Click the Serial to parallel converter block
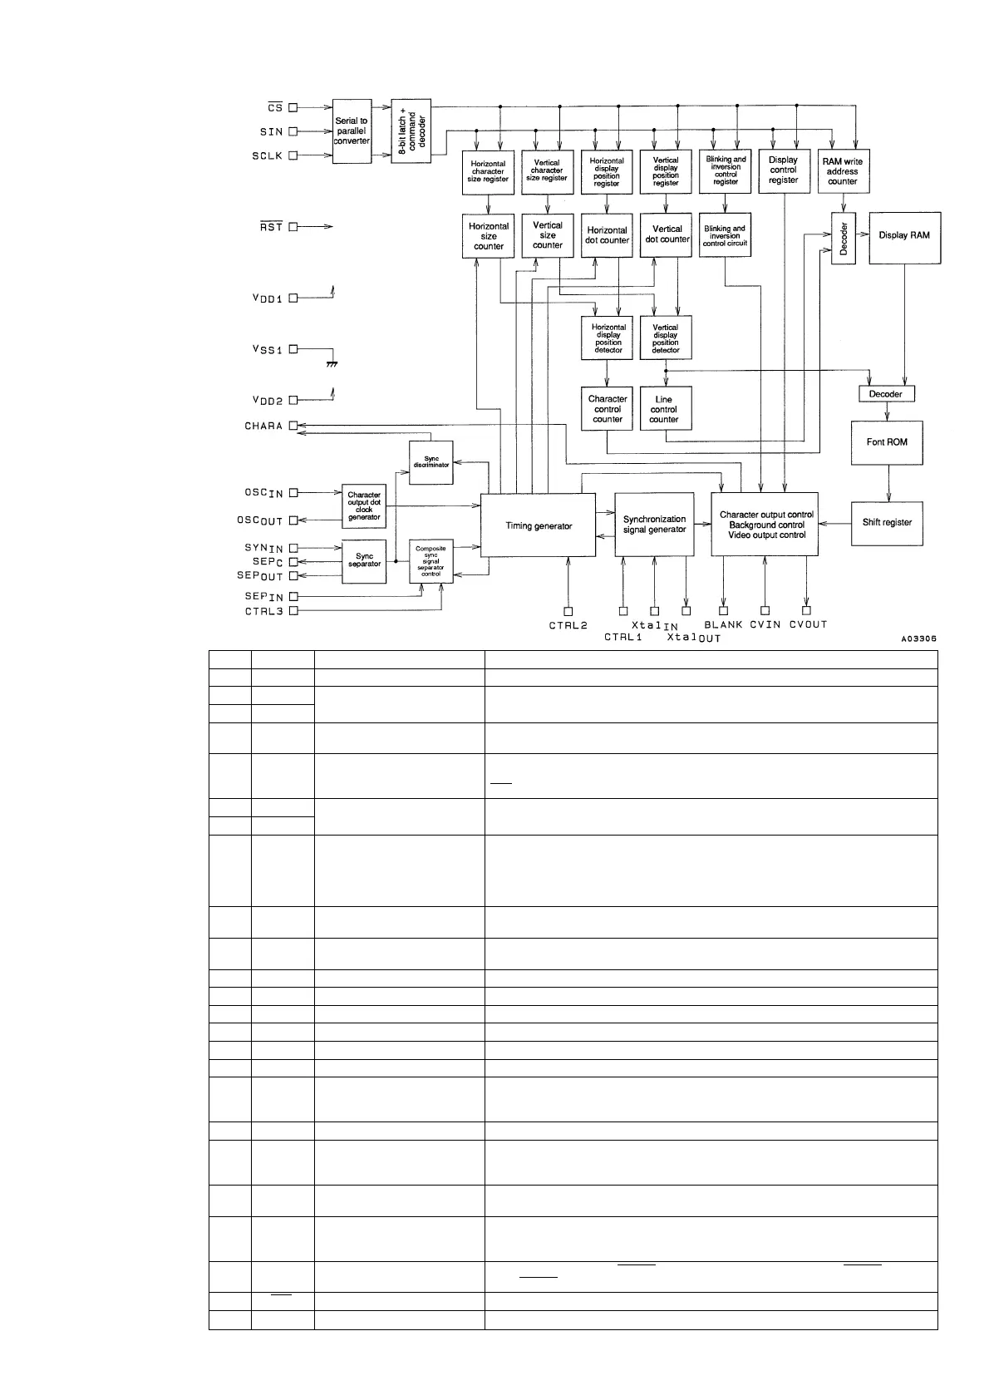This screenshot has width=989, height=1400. click(x=352, y=131)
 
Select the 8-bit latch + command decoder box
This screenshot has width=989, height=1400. click(x=411, y=131)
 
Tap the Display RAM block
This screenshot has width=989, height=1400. click(x=904, y=235)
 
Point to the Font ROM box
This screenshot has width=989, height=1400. click(x=887, y=442)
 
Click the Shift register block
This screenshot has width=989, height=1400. click(x=887, y=523)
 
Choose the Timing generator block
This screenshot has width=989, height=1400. click(x=539, y=525)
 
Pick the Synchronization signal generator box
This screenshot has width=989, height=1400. click(x=655, y=525)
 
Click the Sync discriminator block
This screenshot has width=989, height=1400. click(x=431, y=461)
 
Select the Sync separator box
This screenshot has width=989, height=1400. click(x=364, y=560)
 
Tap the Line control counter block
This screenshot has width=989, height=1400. click(x=665, y=409)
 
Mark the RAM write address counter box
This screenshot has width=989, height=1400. click(x=842, y=171)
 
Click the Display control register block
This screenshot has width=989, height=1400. click(x=784, y=170)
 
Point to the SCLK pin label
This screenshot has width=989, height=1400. click(x=268, y=155)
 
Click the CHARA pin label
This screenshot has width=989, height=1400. click(x=263, y=426)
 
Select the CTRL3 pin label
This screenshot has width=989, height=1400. click(x=264, y=611)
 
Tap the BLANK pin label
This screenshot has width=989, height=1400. click(x=723, y=624)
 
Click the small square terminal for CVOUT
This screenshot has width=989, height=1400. click(x=806, y=611)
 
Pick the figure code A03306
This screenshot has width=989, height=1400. click(x=918, y=638)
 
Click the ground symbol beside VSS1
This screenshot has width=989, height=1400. click(x=332, y=363)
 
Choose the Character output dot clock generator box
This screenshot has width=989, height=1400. click(x=364, y=505)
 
